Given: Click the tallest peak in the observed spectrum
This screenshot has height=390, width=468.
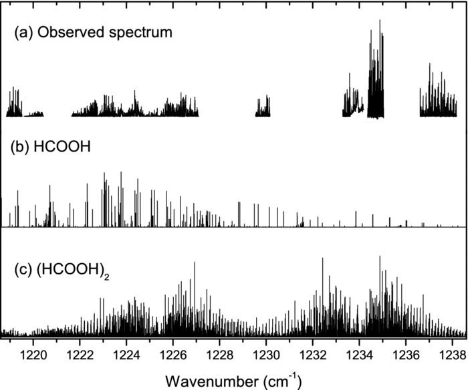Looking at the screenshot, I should (x=380, y=21).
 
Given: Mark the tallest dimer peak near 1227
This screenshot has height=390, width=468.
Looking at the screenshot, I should (x=195, y=263).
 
